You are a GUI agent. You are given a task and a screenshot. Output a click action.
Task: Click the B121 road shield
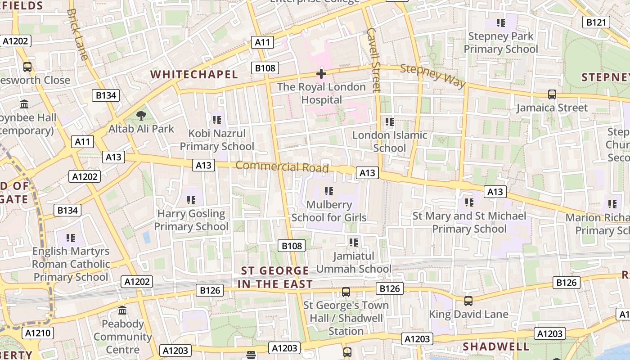(596, 22)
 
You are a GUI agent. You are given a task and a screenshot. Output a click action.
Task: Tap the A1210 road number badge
(38, 333)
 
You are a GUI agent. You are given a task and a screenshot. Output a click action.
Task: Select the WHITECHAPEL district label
(194, 74)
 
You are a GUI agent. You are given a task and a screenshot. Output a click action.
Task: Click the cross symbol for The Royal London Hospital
(321, 73)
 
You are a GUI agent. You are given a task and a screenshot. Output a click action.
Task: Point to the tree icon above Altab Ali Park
(141, 116)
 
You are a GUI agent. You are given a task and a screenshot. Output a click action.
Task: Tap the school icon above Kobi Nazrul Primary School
(217, 120)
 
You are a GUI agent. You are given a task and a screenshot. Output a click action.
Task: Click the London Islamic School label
(390, 141)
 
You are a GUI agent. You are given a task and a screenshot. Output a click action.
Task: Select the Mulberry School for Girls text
(329, 211)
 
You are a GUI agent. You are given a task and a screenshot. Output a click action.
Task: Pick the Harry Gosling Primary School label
(191, 220)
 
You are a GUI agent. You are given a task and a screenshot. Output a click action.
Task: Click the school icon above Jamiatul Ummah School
(354, 243)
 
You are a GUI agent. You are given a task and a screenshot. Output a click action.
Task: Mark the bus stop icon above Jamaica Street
(552, 94)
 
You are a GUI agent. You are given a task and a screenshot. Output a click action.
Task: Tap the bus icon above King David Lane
(468, 301)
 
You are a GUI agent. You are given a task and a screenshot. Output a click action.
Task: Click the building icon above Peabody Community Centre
(122, 310)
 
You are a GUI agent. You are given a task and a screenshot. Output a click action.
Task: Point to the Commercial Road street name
(282, 166)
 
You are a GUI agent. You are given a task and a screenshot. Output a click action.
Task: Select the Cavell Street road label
(374, 59)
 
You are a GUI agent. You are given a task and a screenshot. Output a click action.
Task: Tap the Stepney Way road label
(432, 75)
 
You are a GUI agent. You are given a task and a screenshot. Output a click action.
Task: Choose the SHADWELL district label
(496, 346)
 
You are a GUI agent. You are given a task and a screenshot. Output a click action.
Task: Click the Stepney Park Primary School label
(500, 42)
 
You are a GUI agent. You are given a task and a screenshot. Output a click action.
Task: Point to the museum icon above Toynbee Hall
(24, 104)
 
